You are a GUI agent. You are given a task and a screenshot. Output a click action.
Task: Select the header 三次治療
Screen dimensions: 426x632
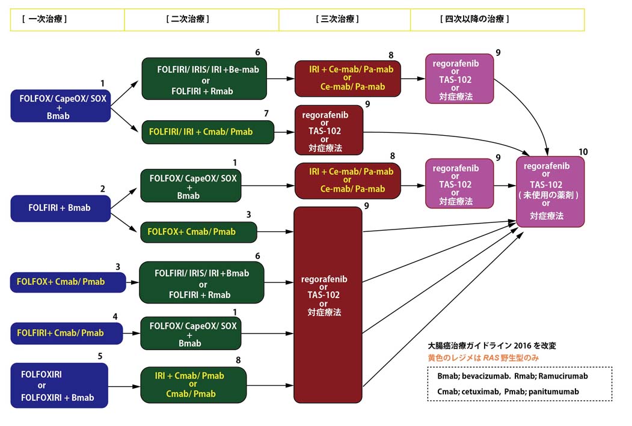[x=337, y=19]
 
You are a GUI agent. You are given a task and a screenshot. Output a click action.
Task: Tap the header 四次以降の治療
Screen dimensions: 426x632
[x=475, y=19]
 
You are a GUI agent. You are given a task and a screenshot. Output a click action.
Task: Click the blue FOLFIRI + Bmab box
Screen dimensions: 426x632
[x=60, y=208]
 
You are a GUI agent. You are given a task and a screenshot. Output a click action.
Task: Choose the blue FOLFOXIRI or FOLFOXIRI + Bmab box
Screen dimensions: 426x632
[x=59, y=386]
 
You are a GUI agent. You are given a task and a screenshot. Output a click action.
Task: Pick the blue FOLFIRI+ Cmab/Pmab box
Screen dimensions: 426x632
[x=66, y=333]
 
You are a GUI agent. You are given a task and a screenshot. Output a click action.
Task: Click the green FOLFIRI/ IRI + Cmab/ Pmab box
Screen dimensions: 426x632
[x=207, y=132]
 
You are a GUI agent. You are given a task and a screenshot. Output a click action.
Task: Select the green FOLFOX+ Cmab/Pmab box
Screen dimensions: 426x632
[x=198, y=231]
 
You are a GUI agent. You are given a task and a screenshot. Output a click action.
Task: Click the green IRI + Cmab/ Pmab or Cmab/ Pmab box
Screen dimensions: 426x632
[x=193, y=385]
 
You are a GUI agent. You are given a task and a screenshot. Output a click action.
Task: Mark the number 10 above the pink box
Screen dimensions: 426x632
[x=582, y=151]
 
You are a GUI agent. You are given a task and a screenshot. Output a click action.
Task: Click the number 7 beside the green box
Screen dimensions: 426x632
[x=266, y=113]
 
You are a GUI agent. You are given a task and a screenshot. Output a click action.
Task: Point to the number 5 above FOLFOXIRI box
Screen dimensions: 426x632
[x=100, y=356]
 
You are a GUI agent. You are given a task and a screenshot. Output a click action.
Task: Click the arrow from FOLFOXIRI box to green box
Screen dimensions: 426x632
[x=124, y=386]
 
